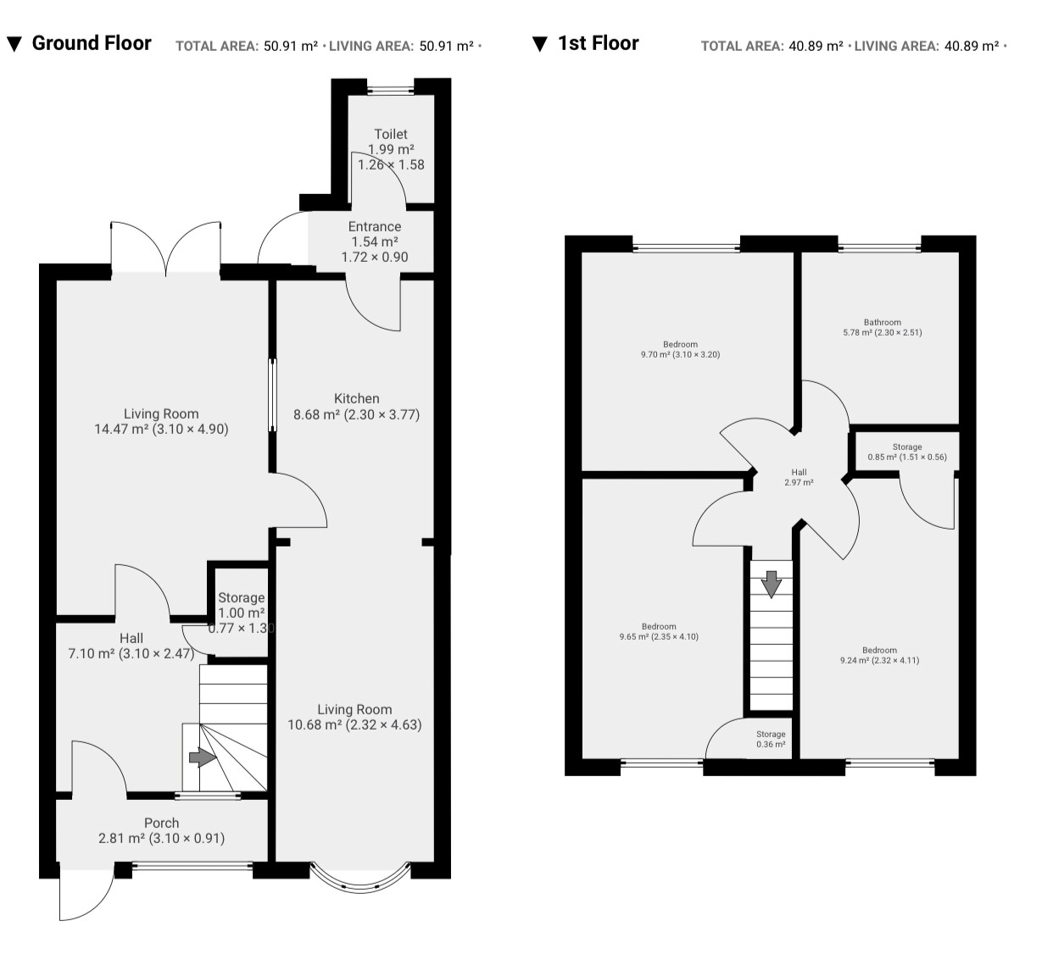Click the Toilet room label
click(391, 134)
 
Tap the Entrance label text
click(375, 226)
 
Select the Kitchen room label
click(356, 398)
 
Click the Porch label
click(161, 823)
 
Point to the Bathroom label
click(883, 322)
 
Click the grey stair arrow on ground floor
click(203, 757)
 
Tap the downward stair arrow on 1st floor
click(771, 585)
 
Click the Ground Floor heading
click(92, 43)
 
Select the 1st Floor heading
click(598, 43)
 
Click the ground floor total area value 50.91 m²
click(291, 46)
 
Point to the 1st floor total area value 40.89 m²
click(816, 46)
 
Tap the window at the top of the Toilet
click(390, 90)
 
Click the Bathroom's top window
click(879, 247)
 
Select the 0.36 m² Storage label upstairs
click(771, 740)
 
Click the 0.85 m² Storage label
click(906, 452)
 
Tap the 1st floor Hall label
click(799, 477)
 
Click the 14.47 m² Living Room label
click(161, 421)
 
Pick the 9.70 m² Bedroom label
click(680, 349)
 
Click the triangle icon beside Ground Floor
click(14, 45)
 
